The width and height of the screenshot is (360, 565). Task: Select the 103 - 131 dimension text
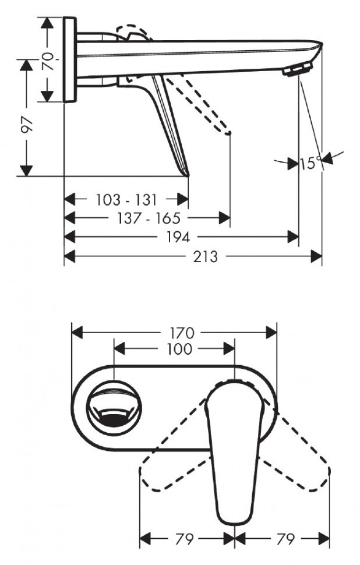tap(126, 200)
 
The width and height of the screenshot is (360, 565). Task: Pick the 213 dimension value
tap(205, 256)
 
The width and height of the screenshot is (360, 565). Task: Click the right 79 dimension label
tap(285, 539)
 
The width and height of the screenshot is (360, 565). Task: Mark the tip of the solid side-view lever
tap(188, 174)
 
